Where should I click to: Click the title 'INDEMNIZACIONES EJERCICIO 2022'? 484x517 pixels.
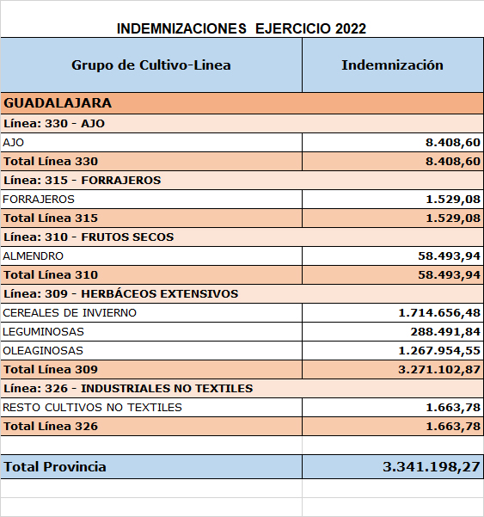242,28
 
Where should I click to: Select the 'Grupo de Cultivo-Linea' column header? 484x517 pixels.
151,65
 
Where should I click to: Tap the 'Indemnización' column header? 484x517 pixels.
392,65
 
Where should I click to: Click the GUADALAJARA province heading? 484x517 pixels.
58,103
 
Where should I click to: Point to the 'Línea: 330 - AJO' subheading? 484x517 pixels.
54,123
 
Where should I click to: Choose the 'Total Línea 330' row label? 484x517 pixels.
51,161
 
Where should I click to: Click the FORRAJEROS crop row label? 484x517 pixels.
39,199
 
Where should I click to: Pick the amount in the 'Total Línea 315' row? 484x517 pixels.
453,218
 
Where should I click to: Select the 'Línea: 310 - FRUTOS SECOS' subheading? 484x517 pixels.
89,237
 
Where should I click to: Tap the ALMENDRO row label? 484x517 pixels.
34,255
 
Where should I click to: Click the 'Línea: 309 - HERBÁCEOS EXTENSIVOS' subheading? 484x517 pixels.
120,293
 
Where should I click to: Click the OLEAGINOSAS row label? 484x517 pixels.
43,350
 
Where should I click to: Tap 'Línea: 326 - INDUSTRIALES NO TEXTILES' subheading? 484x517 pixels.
128,388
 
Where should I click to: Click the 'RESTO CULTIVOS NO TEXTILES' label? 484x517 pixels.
93,407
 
